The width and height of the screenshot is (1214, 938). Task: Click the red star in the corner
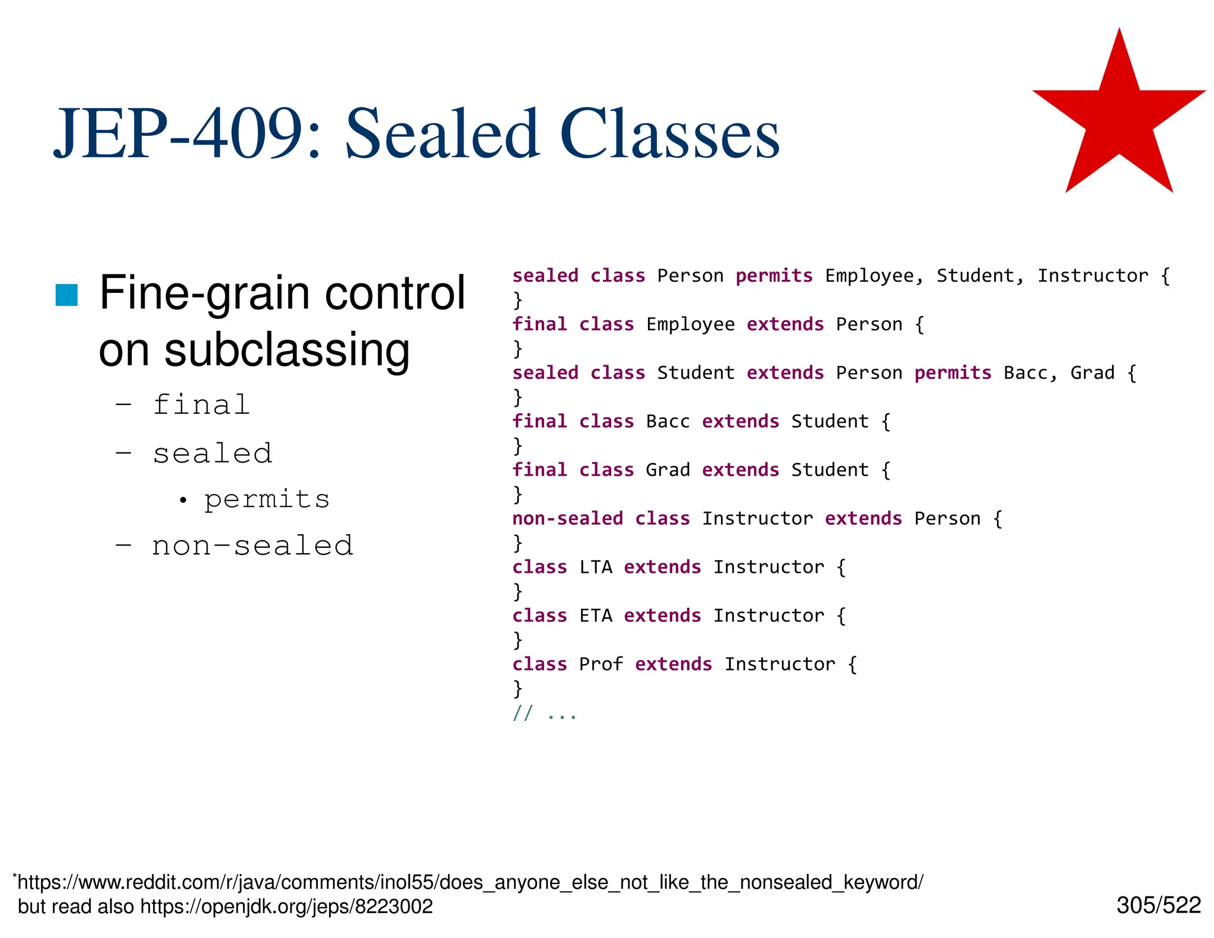coord(1119,119)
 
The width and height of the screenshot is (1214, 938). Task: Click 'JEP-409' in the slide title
coord(178,133)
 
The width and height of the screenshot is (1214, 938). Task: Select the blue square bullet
coord(66,295)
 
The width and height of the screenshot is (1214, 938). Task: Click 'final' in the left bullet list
coord(202,405)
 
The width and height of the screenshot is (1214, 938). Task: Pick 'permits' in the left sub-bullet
coord(267,499)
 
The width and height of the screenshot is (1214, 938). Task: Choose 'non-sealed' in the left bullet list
coord(253,545)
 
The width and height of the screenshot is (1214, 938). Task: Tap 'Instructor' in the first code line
coord(1092,276)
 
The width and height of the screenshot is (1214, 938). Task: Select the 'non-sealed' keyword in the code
coord(567,518)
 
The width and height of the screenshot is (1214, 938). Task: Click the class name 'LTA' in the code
coord(595,567)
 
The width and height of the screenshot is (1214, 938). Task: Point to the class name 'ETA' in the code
coord(595,615)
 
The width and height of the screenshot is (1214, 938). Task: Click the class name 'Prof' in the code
coord(600,664)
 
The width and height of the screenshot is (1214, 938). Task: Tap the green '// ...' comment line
coord(544,713)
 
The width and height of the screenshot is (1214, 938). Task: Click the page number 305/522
coord(1158,905)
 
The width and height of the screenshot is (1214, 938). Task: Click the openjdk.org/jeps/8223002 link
coord(286,907)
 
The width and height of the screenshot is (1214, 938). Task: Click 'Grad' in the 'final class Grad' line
coord(667,470)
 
